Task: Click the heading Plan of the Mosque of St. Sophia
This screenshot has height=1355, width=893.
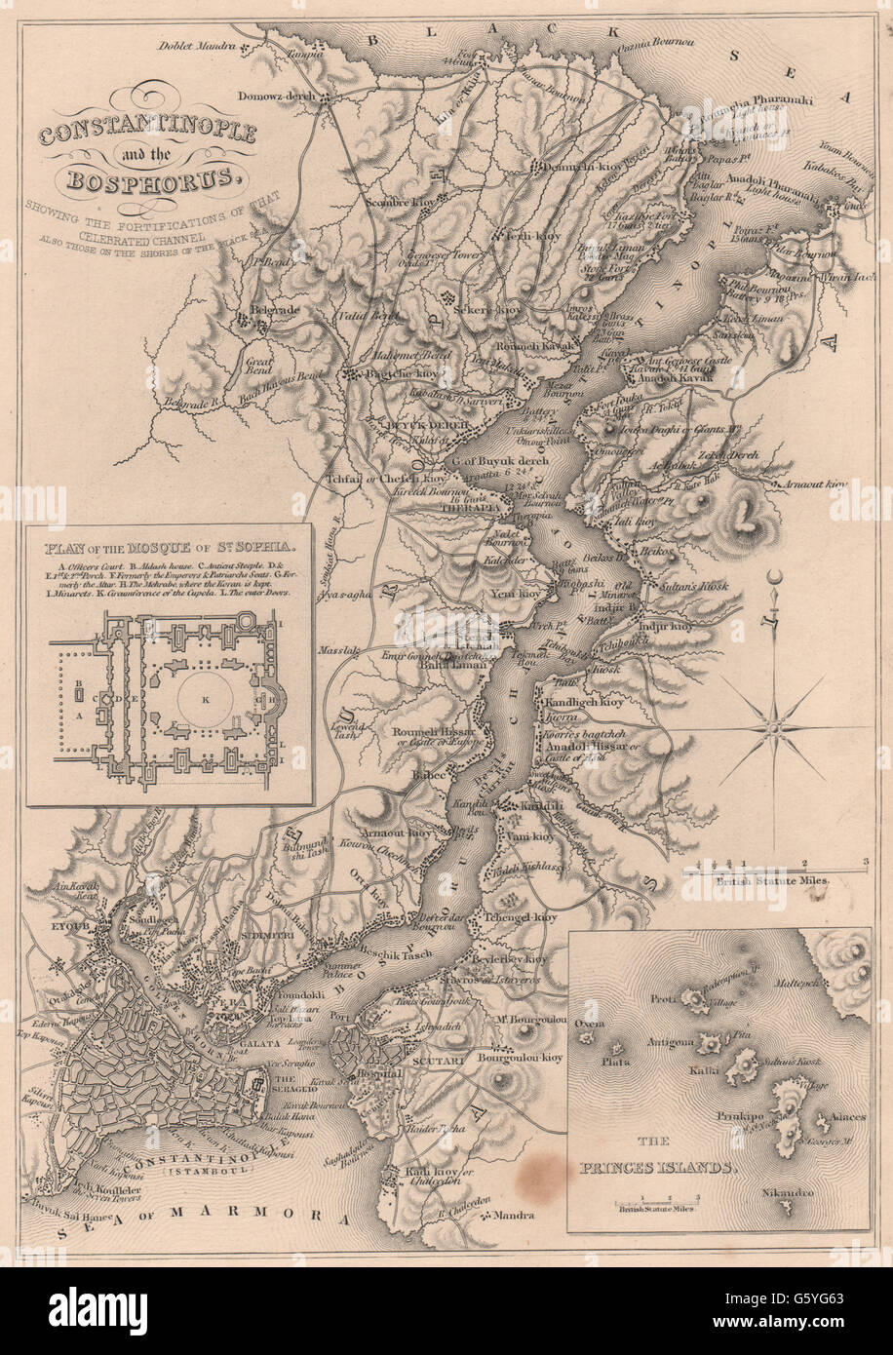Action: pyautogui.click(x=171, y=533)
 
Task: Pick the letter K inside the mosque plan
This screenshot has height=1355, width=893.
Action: pyautogui.click(x=204, y=700)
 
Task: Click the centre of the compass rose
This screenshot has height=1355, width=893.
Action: pyautogui.click(x=775, y=725)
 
